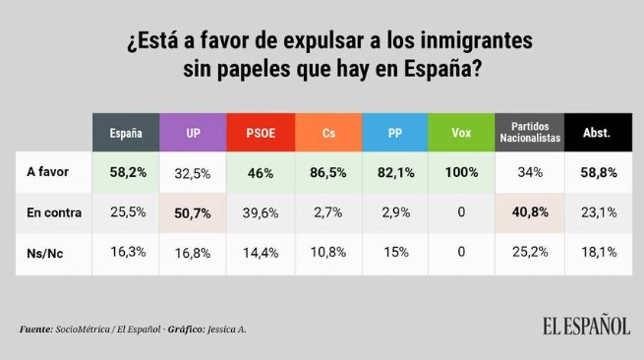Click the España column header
pyautogui.click(x=125, y=132)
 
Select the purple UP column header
pyautogui.click(x=193, y=132)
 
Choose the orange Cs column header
pyautogui.click(x=326, y=132)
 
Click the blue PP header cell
pyautogui.click(x=393, y=132)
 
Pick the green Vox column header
pyautogui.click(x=460, y=132)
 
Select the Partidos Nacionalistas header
pyautogui.click(x=529, y=132)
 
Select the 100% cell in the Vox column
pyautogui.click(x=460, y=172)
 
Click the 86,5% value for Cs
pyautogui.click(x=326, y=172)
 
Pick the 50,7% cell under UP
pyautogui.click(x=193, y=211)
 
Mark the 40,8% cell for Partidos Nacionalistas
pyautogui.click(x=529, y=211)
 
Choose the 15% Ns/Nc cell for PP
pyautogui.click(x=393, y=252)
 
